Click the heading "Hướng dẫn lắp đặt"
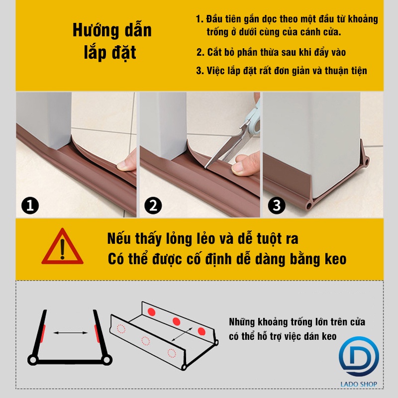[112, 41]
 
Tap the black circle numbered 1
[30, 205]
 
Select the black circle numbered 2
[153, 205]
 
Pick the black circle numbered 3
[277, 205]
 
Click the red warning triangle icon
[63, 247]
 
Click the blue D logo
[358, 357]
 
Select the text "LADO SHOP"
[359, 384]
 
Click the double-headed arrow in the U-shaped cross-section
[70, 333]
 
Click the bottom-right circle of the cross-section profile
[107, 360]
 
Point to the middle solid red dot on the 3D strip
[177, 321]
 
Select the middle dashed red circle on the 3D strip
[145, 341]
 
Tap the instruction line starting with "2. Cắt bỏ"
[271, 52]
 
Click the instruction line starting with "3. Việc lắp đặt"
[282, 71]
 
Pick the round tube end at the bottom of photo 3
[309, 205]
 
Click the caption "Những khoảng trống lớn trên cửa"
[297, 322]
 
